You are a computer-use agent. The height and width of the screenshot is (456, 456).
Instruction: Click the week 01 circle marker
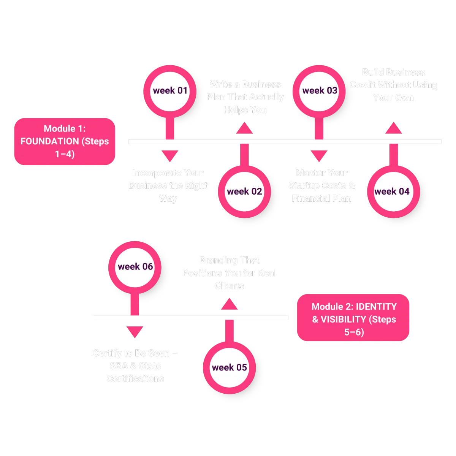coord(170,90)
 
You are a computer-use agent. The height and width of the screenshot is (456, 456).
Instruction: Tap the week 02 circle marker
coord(244,192)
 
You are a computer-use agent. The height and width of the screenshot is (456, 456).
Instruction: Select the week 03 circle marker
coord(319,90)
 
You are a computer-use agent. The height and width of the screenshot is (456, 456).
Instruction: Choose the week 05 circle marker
coord(229,367)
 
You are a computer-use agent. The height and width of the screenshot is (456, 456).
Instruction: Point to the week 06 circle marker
coord(135,267)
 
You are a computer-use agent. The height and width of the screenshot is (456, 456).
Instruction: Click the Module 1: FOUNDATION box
coord(65,141)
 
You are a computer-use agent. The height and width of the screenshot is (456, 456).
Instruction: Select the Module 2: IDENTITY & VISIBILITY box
coord(353,319)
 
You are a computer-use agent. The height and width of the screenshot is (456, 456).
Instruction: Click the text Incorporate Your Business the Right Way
coord(168,185)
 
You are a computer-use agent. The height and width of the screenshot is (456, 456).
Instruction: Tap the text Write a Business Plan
coord(245,97)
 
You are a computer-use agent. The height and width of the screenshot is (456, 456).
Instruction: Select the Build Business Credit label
coord(393,85)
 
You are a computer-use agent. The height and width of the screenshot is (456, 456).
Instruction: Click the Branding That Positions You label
coord(229,273)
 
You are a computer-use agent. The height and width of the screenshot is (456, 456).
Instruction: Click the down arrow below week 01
coord(169,156)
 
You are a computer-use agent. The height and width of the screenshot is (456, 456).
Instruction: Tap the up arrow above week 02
coord(244,128)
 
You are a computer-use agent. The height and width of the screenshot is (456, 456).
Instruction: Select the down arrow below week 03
coord(319,156)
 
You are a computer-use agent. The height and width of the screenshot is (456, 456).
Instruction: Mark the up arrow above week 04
coord(393,128)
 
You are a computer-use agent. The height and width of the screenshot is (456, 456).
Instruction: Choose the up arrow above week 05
coord(229,304)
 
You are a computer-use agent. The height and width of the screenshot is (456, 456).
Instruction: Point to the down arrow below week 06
coord(135,332)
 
